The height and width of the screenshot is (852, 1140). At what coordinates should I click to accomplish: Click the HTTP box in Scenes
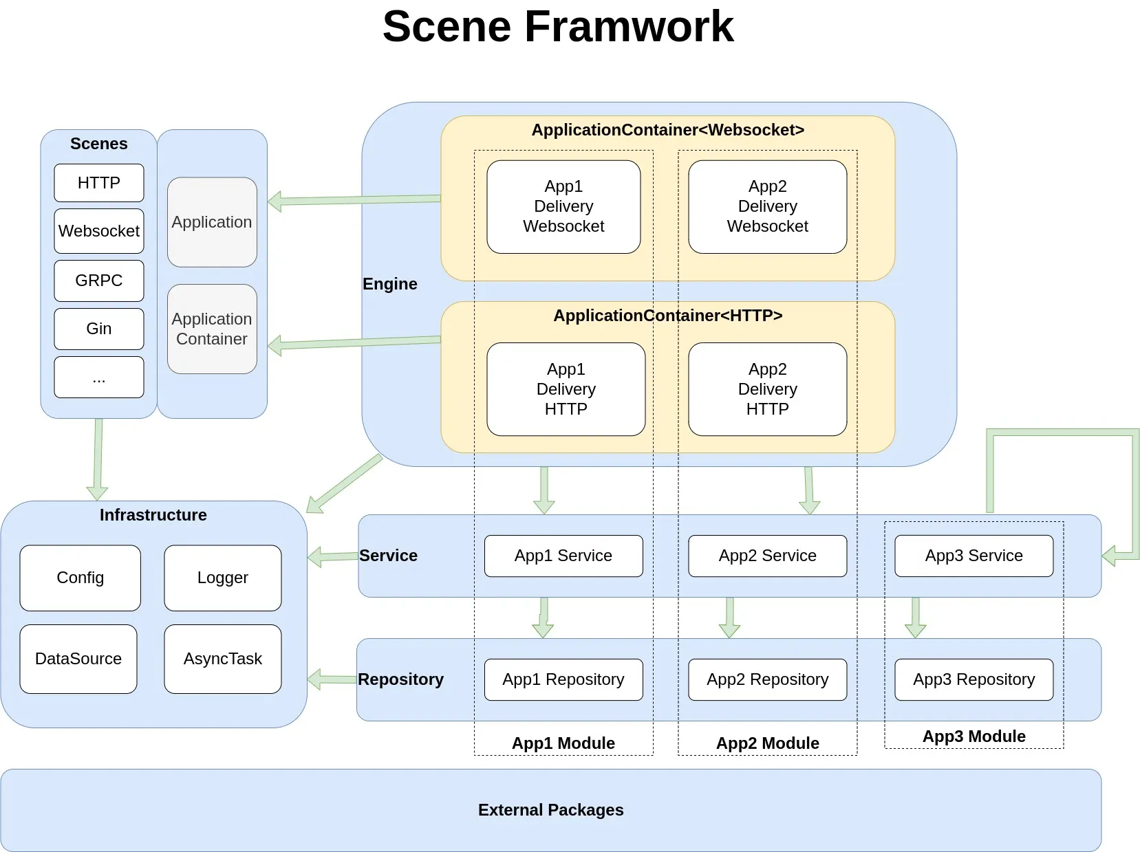(x=98, y=183)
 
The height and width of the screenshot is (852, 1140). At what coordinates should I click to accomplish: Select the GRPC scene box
(x=98, y=280)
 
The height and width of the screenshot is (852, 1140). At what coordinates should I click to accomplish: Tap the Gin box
(x=98, y=329)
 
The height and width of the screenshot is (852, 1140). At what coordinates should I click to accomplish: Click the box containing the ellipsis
(x=98, y=378)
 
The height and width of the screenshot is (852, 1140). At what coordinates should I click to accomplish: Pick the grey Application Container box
(x=212, y=329)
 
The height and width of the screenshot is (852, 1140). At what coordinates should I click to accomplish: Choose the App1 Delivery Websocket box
(x=563, y=206)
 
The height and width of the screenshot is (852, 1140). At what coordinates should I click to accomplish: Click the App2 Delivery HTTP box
(x=768, y=389)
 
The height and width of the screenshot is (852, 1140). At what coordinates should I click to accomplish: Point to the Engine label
(x=390, y=284)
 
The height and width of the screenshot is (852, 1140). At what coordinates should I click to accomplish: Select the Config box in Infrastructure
(x=80, y=578)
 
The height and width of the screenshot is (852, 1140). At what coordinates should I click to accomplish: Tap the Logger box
(x=223, y=578)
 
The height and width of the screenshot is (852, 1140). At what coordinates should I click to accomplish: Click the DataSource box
(x=78, y=659)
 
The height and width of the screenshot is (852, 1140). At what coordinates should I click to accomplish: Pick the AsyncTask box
(x=223, y=659)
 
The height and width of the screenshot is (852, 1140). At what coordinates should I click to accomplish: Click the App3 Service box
(x=974, y=556)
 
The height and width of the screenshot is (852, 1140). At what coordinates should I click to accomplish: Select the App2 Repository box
(x=768, y=679)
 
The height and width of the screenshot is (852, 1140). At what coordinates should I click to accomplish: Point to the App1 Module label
(x=563, y=743)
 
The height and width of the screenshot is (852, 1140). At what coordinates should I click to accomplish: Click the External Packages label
(x=550, y=810)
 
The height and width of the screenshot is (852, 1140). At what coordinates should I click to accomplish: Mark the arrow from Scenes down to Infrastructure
(x=98, y=459)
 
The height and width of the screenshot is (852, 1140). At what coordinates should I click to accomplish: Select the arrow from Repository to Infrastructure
(x=332, y=679)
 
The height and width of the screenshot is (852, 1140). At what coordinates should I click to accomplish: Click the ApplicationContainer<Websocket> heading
(x=668, y=130)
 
